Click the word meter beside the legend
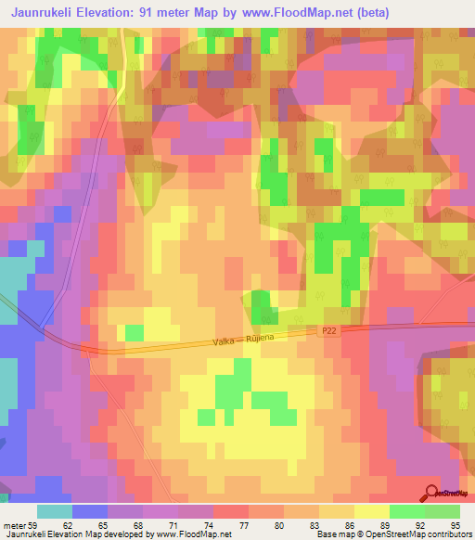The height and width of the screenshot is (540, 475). pyautogui.click(x=14, y=524)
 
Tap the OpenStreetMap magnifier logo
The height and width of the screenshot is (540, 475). pyautogui.click(x=433, y=493)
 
